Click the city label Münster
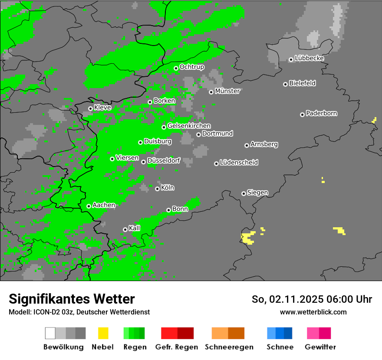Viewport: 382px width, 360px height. click(227, 91)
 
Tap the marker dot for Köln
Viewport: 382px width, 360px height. click(157, 189)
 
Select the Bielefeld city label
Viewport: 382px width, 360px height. click(302, 83)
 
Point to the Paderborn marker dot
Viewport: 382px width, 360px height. click(302, 115)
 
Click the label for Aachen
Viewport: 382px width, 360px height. click(104, 205)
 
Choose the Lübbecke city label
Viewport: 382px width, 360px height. click(309, 58)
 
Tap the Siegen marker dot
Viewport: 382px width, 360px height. click(244, 193)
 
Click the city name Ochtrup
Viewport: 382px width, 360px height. click(192, 67)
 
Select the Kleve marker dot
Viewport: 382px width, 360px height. click(90, 108)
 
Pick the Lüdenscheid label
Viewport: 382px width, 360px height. click(239, 163)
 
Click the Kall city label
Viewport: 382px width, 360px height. click(135, 228)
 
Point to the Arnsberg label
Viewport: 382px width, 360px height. click(264, 144)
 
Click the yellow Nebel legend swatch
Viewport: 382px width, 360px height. click(103, 333)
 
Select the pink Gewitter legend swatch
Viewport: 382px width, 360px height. click(313, 333)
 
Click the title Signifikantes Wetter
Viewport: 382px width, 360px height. click(72, 299)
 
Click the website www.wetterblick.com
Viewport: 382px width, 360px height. click(313, 312)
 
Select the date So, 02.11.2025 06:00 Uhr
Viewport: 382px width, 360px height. click(312, 299)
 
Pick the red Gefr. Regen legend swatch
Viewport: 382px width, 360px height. click(169, 333)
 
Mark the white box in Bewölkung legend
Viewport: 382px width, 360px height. click(50, 333)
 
